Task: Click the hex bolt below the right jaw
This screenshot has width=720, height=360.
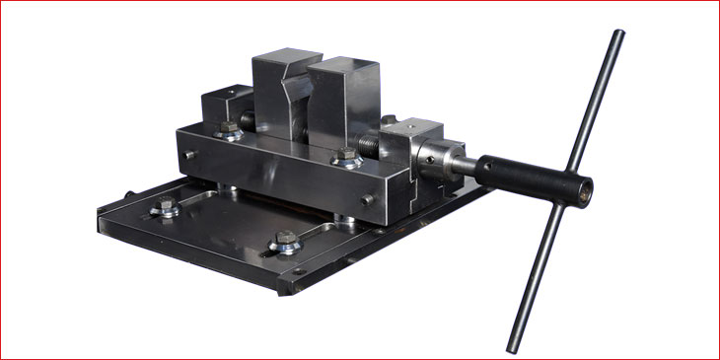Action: [345, 156]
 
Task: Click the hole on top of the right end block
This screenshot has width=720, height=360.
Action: [413, 125]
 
